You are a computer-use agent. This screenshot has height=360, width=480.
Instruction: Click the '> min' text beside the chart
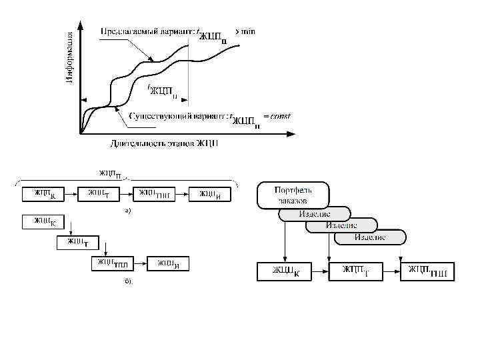tap(246, 31)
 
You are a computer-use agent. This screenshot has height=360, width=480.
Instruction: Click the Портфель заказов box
tap(293, 194)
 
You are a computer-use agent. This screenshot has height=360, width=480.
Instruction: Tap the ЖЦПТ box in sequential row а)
tap(97, 194)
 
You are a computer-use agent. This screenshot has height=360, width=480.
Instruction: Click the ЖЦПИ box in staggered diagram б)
tap(167, 263)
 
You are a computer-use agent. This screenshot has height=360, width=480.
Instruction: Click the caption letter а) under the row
tap(128, 211)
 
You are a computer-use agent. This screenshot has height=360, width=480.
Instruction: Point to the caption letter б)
tap(128, 281)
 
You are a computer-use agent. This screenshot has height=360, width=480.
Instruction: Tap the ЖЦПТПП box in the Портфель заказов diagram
tap(427, 271)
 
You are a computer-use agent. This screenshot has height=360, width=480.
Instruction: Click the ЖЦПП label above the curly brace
tap(109, 175)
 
